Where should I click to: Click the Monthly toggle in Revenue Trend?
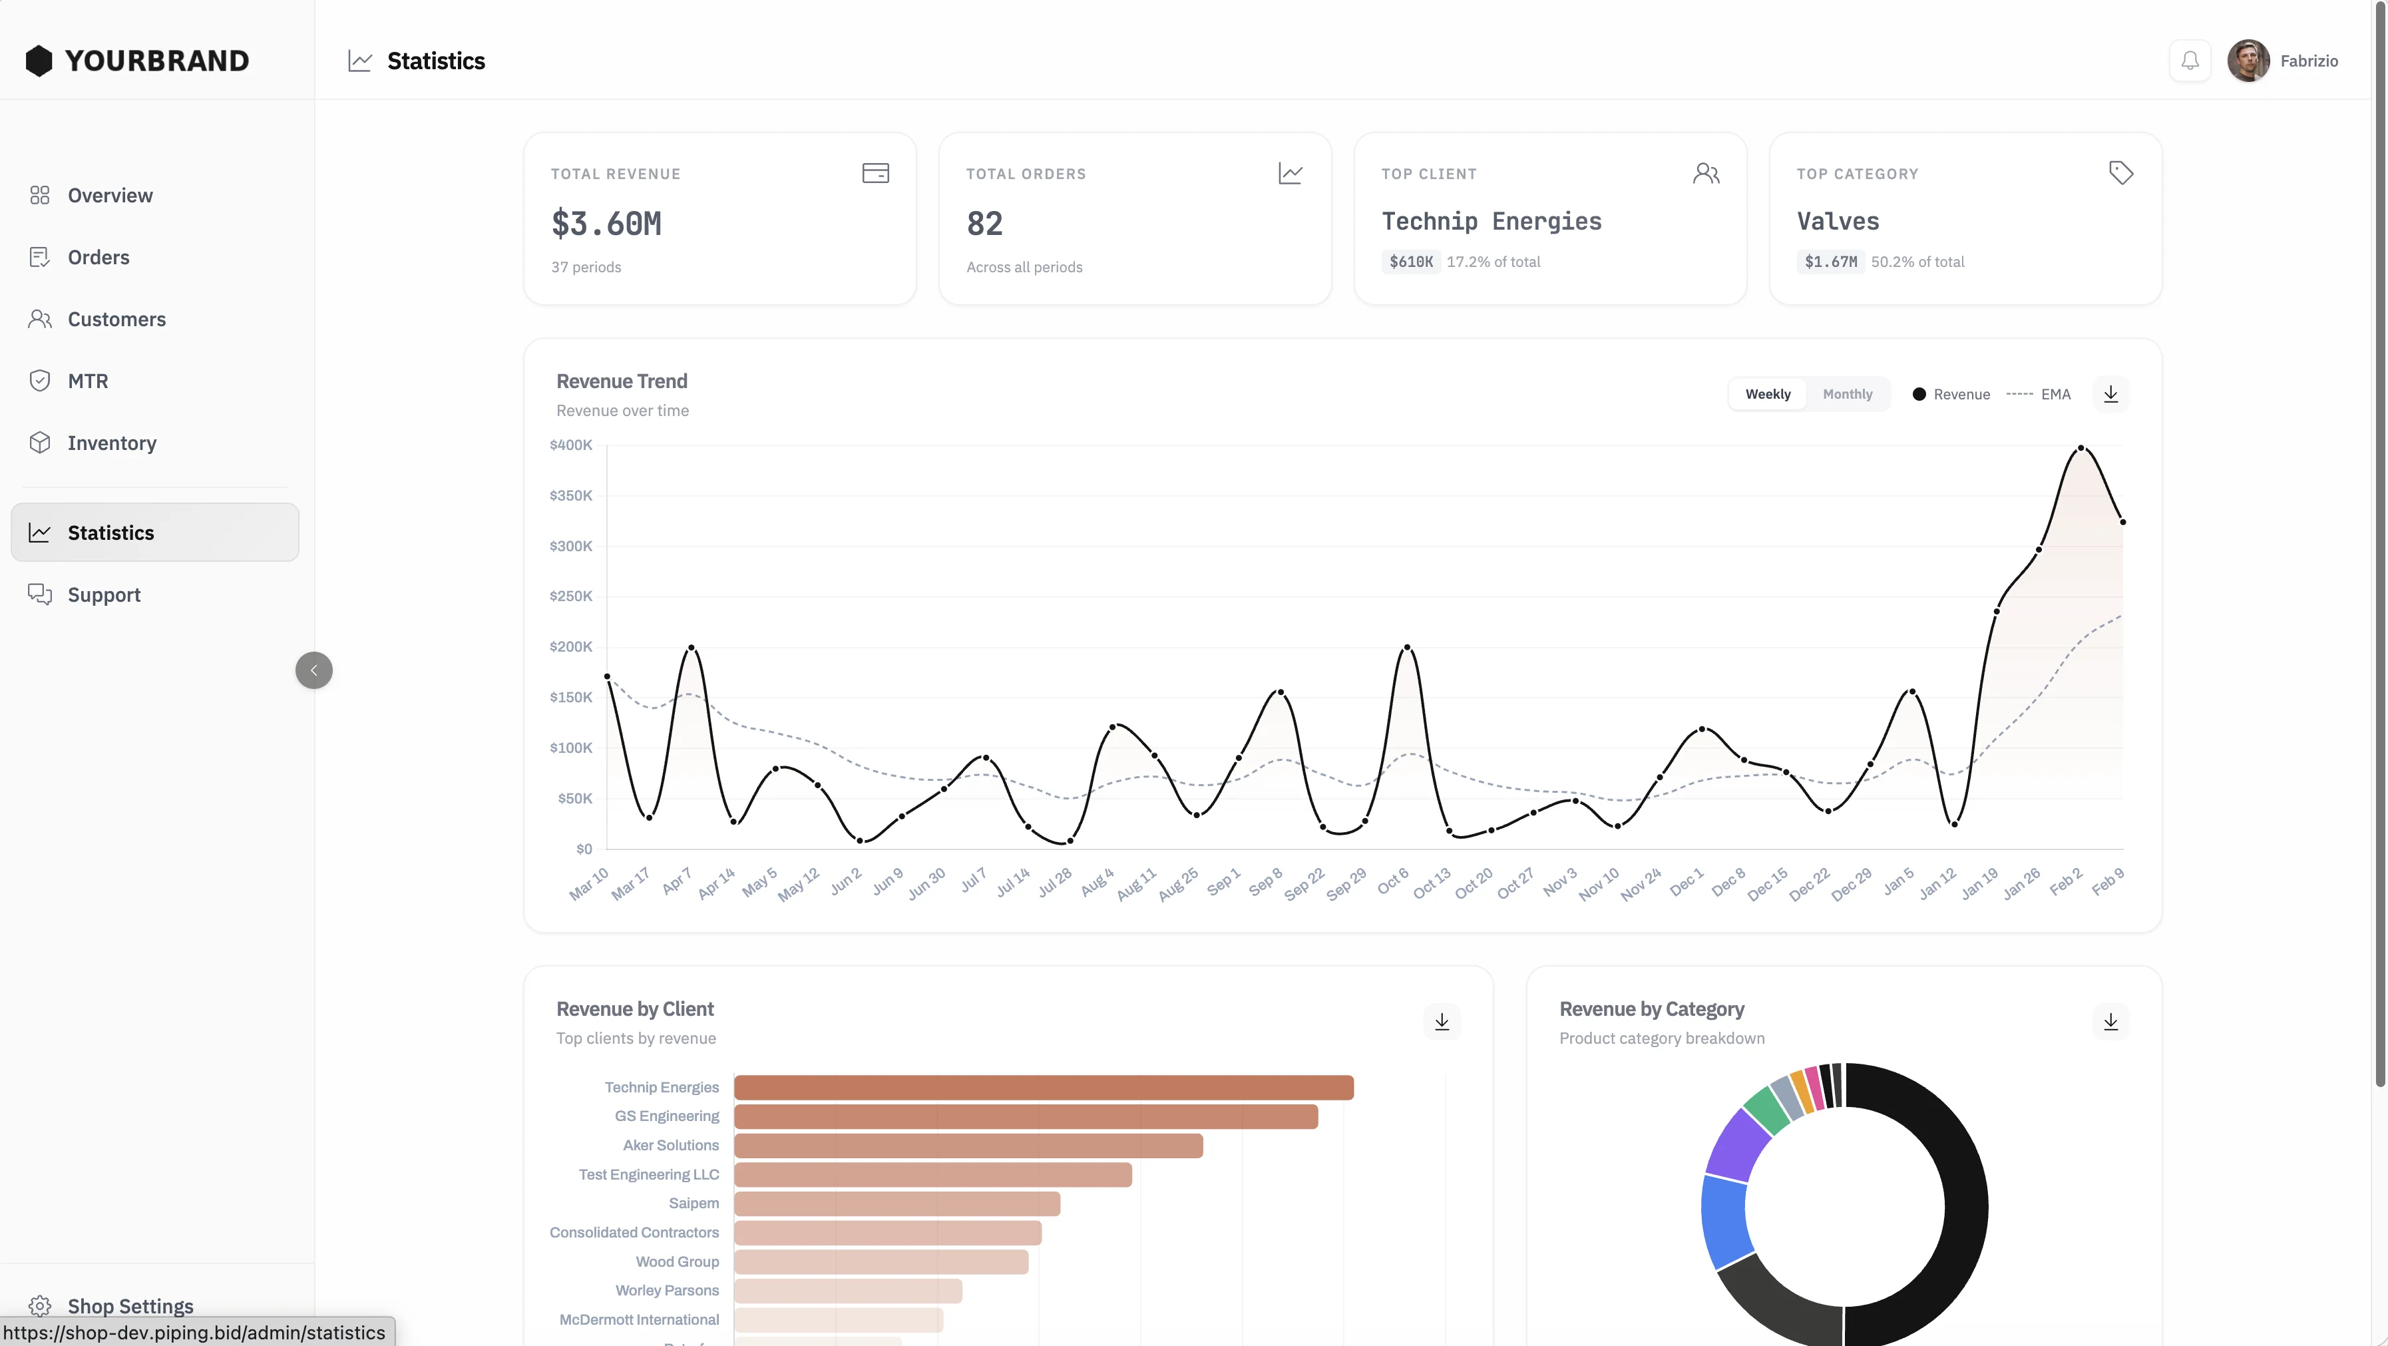pyautogui.click(x=1847, y=394)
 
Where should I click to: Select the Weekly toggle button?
pyautogui.click(x=1767, y=394)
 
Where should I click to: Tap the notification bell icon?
pyautogui.click(x=2190, y=61)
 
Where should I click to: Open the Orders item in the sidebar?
pyautogui.click(x=99, y=258)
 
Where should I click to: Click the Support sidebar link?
pyautogui.click(x=104, y=595)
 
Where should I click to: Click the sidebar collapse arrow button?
pyautogui.click(x=313, y=670)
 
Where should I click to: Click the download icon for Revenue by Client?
pyautogui.click(x=1442, y=1022)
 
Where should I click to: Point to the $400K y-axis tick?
pyautogui.click(x=570, y=445)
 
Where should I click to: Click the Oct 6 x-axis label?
pyautogui.click(x=1392, y=881)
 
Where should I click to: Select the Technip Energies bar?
pyautogui.click(x=1043, y=1087)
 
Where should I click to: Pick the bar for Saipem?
pyautogui.click(x=896, y=1204)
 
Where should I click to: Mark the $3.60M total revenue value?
pyautogui.click(x=606, y=224)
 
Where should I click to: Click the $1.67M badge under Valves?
pyautogui.click(x=1830, y=262)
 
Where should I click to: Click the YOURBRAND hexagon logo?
pyautogui.click(x=39, y=61)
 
